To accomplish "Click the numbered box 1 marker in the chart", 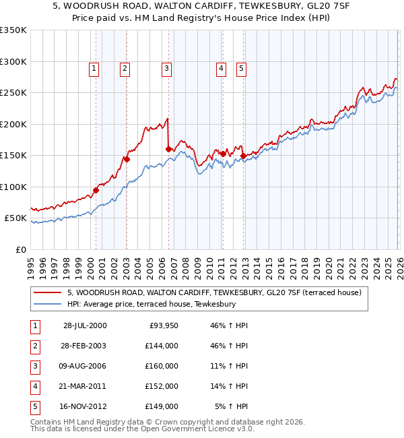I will tap(94, 67).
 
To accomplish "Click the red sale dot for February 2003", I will tap(126, 159).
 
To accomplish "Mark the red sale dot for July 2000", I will tap(96, 190).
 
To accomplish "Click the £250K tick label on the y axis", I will tap(13, 93).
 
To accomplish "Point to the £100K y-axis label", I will tap(13, 187).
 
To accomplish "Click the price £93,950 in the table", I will tap(162, 325).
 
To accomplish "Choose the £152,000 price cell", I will tap(162, 386).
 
